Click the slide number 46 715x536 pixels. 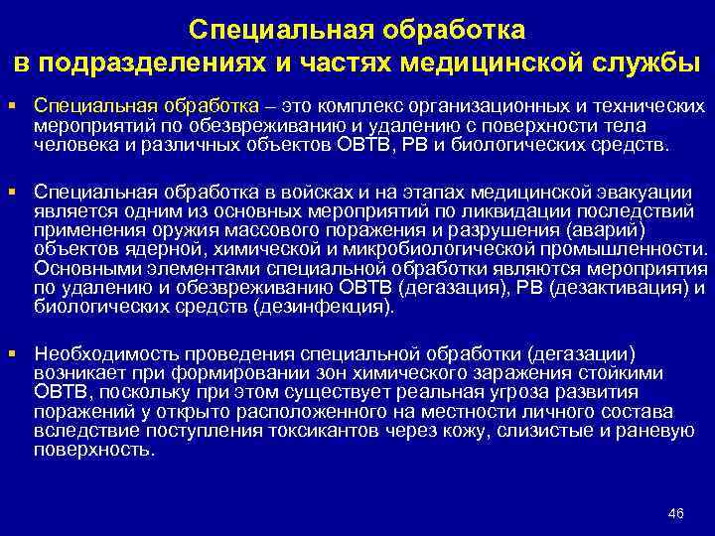click(676, 512)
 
